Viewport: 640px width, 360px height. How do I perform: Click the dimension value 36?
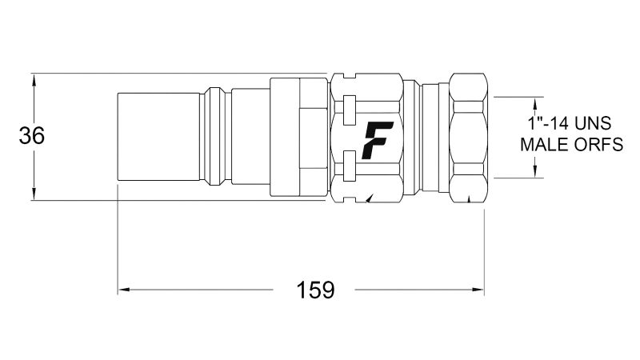coord(32,136)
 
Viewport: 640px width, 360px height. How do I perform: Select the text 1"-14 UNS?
coord(570,124)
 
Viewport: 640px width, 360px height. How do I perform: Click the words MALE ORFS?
coord(570,145)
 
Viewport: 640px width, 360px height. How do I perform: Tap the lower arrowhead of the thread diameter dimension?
coord(534,171)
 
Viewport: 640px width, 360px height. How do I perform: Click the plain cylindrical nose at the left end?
coord(158,137)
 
